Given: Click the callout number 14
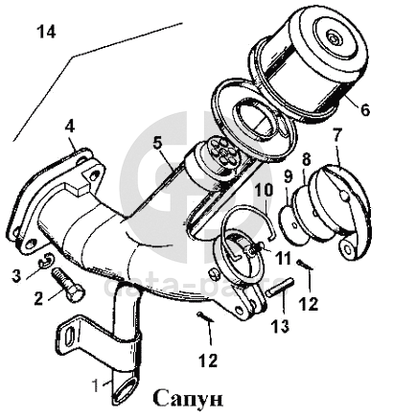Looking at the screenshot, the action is point(47,32).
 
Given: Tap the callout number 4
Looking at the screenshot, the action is point(70,127).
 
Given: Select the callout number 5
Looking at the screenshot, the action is point(158,144).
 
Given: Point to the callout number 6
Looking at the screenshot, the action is point(364,109).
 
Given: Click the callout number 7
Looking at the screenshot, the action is point(337,134).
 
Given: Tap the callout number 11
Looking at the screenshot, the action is point(284,258).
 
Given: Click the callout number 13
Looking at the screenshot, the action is point(280,326).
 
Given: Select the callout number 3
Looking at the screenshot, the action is point(16,275).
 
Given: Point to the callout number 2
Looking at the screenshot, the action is point(38,298).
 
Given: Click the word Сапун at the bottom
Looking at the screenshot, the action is point(188,398).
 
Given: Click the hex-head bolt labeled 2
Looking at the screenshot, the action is point(69,285).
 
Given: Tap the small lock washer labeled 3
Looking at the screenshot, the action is point(47,259).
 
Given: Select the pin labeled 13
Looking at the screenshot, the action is point(280,288).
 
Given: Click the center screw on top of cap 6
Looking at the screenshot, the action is point(335,39).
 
